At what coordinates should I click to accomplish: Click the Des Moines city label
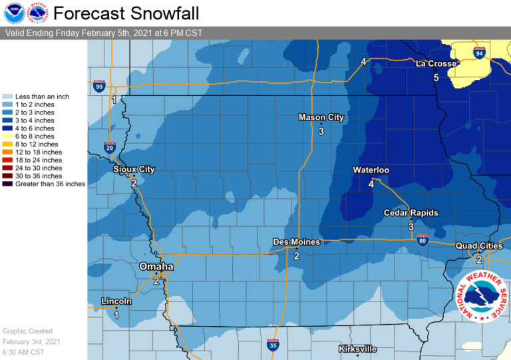tap(297, 242)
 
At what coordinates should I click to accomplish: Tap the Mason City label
tap(321, 118)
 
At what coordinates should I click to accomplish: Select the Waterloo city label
tap(371, 170)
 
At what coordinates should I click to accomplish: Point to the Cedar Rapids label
tap(411, 213)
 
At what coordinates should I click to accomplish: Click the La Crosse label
tap(436, 64)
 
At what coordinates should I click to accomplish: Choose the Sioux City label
tap(134, 170)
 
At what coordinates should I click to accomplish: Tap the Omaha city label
tap(156, 267)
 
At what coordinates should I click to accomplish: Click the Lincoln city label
tap(116, 301)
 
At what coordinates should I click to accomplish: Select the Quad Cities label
tap(479, 246)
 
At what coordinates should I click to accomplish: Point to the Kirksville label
tap(357, 349)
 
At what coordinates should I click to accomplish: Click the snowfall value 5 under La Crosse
tap(436, 78)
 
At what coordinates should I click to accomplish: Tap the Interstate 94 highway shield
tap(478, 52)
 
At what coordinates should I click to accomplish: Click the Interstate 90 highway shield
tap(99, 85)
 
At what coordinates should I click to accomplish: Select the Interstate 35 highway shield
tap(273, 345)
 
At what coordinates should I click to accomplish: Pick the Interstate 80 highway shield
tap(423, 241)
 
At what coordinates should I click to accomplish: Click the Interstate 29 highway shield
tap(109, 147)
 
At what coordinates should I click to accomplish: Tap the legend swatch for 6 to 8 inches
tap(8, 136)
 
